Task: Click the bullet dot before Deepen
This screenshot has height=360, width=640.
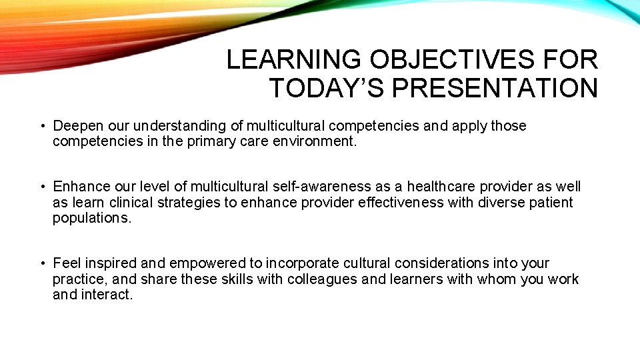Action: tap(42, 126)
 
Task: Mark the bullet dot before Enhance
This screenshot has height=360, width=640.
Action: tap(42, 187)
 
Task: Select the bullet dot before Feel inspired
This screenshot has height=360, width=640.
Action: tap(42, 263)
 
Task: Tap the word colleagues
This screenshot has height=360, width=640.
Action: tap(322, 279)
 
